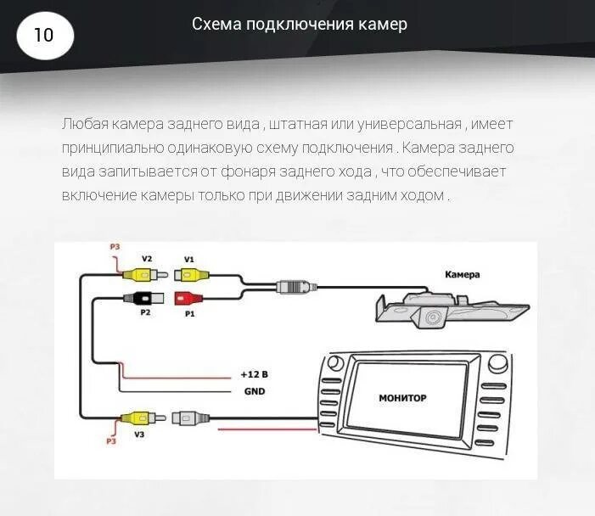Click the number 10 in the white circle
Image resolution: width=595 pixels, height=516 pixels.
[x=43, y=36]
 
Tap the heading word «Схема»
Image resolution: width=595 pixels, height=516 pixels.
[x=216, y=25]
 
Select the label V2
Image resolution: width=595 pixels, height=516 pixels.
[x=146, y=259]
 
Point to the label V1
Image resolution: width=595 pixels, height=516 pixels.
[x=188, y=259]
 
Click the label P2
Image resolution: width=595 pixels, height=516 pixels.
[x=145, y=313]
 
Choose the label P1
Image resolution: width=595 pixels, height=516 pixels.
[x=188, y=313]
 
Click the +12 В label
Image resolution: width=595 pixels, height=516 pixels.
[x=254, y=374]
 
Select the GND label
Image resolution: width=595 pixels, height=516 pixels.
[x=254, y=391]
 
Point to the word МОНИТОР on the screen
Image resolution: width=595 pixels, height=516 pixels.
[x=402, y=397]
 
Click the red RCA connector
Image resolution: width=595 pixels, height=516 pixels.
[x=188, y=298]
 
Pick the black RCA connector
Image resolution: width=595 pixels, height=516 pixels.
[x=139, y=298]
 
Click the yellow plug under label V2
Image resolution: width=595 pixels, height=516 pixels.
[x=141, y=273]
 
